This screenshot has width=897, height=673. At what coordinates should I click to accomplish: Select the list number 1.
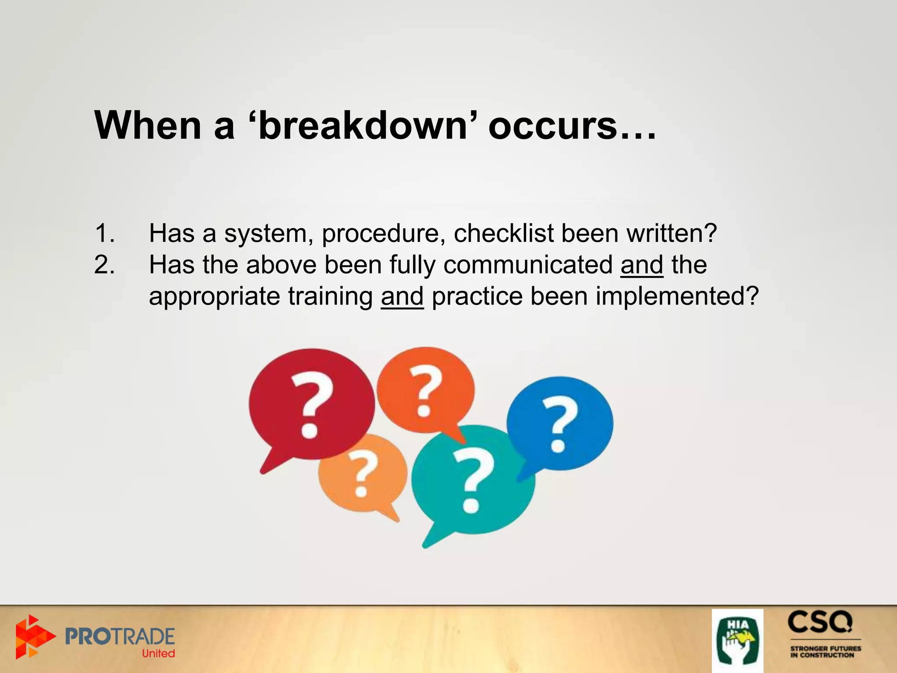click(x=104, y=233)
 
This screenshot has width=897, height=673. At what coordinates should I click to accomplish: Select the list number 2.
click(x=104, y=265)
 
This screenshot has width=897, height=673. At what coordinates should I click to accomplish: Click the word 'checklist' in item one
click(x=504, y=233)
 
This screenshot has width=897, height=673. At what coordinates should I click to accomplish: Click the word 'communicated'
click(x=528, y=265)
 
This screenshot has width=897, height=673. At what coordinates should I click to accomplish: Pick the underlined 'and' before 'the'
click(x=642, y=265)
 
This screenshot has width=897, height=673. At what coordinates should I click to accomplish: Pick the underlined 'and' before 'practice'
click(x=402, y=296)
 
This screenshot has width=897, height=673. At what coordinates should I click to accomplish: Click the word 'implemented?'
click(x=677, y=296)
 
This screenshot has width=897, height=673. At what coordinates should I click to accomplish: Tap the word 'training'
click(x=330, y=296)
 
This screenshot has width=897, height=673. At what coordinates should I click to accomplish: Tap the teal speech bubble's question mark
click(x=473, y=480)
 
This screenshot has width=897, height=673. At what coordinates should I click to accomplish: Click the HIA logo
click(x=738, y=641)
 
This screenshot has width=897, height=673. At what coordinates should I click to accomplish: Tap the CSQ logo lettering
click(x=820, y=623)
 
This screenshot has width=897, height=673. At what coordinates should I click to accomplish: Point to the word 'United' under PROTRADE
click(x=158, y=653)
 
